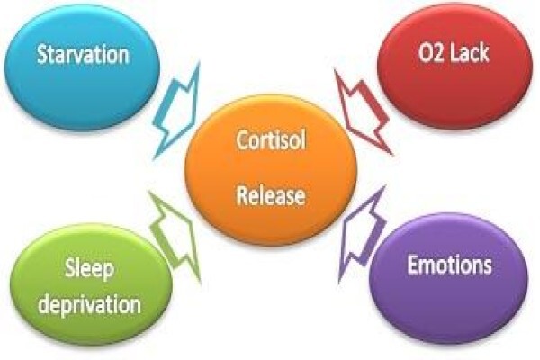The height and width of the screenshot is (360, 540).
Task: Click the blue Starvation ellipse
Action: [x=82, y=67]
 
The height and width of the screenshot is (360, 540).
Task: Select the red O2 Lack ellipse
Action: [x=454, y=67]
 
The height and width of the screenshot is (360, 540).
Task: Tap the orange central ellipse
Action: [x=271, y=169]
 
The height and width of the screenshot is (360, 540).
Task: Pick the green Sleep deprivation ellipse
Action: [x=90, y=284]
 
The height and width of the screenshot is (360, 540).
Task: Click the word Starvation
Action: [x=83, y=54]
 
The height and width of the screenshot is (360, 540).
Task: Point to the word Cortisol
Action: [x=271, y=139]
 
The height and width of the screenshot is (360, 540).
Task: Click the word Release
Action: [x=271, y=195]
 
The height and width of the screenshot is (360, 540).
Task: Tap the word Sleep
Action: [x=89, y=270]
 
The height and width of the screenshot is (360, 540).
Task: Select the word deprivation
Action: [x=89, y=304]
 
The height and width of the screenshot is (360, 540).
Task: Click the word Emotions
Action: [x=449, y=265]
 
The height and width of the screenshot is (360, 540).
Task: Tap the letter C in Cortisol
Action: [x=242, y=139]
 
